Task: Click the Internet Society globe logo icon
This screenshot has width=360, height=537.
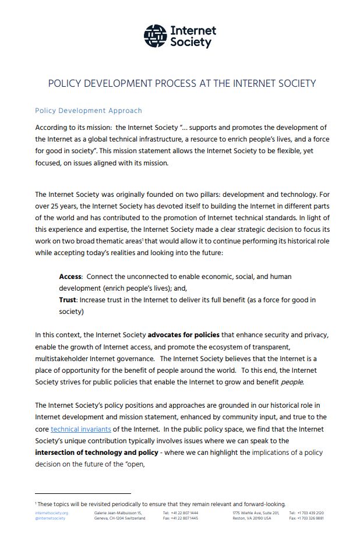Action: [x=155, y=36]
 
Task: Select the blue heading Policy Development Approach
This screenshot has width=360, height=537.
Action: [x=89, y=110]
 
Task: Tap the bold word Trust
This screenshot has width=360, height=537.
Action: [x=68, y=299]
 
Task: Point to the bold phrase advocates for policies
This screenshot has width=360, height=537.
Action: [x=183, y=335]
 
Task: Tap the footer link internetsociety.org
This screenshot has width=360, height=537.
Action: [x=51, y=513]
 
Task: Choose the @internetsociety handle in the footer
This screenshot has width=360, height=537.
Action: [x=50, y=518]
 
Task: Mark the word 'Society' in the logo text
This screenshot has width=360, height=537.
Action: [x=190, y=43]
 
